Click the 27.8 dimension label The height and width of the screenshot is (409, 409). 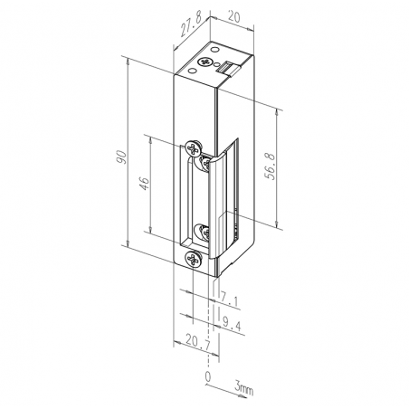click(191, 24)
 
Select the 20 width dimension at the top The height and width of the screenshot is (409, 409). click(233, 16)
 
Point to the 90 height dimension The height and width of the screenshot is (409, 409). click(122, 157)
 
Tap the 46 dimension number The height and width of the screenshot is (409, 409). click(145, 183)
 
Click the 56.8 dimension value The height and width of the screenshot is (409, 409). click(270, 166)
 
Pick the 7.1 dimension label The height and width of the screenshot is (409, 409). click(229, 299)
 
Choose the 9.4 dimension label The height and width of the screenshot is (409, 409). click(232, 323)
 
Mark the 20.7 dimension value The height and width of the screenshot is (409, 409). click(198, 342)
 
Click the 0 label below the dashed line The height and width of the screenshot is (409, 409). click(207, 376)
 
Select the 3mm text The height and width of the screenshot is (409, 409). click(243, 388)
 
